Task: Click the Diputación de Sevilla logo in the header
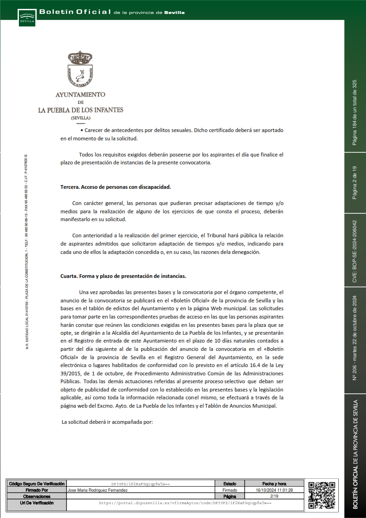point(27,18)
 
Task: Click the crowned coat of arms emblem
point(80,70)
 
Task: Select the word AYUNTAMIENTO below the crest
point(80,94)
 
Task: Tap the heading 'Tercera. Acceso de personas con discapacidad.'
point(116,187)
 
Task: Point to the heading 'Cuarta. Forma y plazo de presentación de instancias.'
point(123,276)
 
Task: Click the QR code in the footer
point(321,495)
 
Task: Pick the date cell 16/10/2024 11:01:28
point(274,490)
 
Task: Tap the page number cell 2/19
point(274,496)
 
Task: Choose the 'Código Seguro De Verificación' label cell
point(36,483)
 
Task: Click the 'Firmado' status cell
point(230,490)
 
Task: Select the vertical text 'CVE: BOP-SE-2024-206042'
point(355,251)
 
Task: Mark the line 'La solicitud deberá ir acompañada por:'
point(107,422)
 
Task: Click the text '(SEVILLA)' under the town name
point(80,118)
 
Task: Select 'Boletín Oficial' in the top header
point(75,12)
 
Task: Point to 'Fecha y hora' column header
point(274,483)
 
